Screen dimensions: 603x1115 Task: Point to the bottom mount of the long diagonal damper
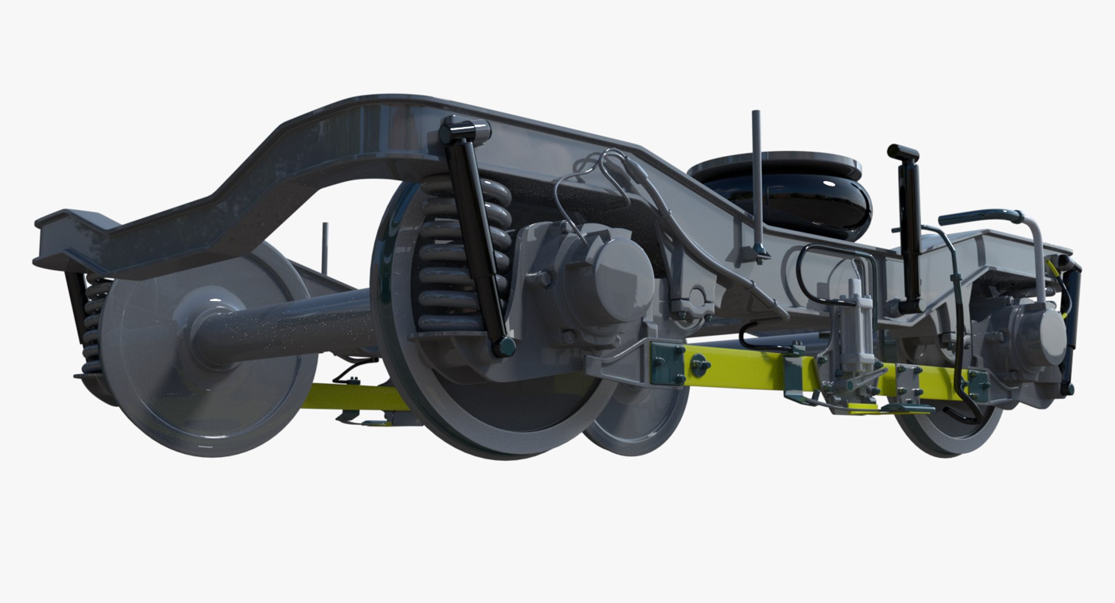coord(503,347)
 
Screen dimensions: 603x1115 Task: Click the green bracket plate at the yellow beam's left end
coord(668,363)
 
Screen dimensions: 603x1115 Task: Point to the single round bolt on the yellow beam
coord(699,366)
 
